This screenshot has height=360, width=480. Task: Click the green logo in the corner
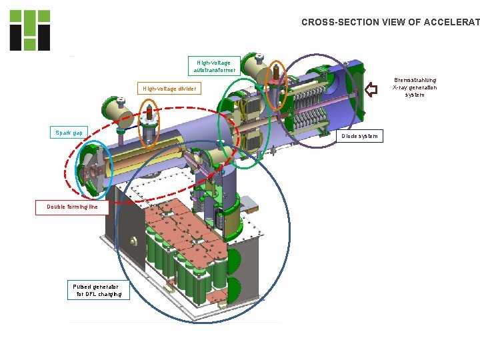pyautogui.click(x=30, y=30)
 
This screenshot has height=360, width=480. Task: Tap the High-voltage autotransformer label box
pyautogui.click(x=214, y=66)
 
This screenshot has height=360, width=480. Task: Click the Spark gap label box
pyautogui.click(x=69, y=132)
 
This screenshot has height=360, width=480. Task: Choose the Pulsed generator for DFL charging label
pyautogui.click(x=97, y=290)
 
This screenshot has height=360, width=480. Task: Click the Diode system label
pyautogui.click(x=359, y=136)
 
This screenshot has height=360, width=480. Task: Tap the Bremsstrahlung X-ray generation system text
pyautogui.click(x=415, y=87)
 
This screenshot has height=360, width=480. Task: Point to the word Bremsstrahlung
pyautogui.click(x=415, y=79)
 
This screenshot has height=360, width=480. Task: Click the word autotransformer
pyautogui.click(x=214, y=70)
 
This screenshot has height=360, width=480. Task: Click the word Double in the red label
pyautogui.click(x=57, y=207)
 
